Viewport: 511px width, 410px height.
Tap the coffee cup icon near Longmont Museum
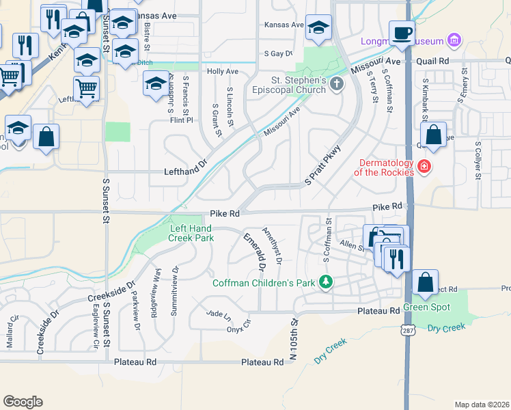(x=402, y=32)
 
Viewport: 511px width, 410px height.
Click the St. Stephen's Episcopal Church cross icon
(x=335, y=85)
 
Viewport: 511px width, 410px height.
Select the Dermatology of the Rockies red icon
(x=424, y=166)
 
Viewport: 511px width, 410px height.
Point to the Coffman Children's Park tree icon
(x=327, y=282)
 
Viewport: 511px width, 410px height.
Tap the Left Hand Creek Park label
(x=191, y=233)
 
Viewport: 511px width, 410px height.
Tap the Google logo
(x=23, y=402)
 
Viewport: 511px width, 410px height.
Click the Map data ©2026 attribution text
(x=482, y=405)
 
